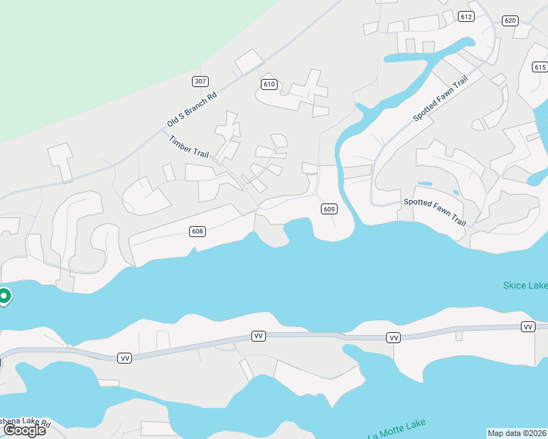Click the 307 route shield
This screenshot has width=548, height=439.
coord(199,80)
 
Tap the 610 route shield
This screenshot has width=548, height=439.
coord(269,85)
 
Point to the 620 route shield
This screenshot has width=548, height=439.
coord(511,20)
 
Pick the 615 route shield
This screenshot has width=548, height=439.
coord(541,67)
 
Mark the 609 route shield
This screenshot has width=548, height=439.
coord(329,209)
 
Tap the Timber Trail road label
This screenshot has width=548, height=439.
coord(189,146)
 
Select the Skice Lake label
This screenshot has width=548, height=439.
coord(525,285)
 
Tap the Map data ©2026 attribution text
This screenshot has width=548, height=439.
coord(517,433)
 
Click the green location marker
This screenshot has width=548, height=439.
coord(4,296)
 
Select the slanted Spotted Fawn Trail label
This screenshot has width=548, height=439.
coord(440,98)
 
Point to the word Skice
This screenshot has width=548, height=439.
coord(515,285)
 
